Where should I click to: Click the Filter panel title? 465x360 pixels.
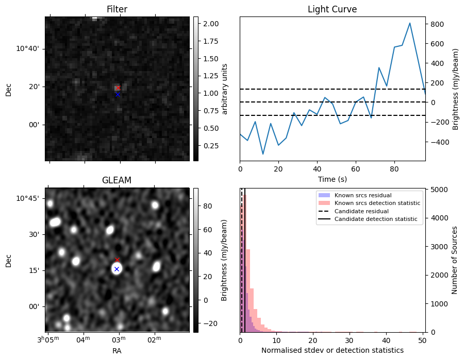coord(117,9)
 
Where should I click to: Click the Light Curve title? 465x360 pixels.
coord(332,9)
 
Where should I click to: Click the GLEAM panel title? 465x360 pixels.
coord(117,180)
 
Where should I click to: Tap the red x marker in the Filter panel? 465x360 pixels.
coord(118,88)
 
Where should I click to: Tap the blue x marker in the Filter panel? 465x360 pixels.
coord(118,94)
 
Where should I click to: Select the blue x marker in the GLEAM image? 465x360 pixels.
coord(117,269)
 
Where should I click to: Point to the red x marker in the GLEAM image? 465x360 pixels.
coord(117,260)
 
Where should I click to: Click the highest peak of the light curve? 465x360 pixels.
coord(410,23)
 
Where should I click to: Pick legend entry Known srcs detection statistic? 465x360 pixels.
coord(377,203)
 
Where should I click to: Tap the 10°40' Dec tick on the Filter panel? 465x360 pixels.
coord(31,48)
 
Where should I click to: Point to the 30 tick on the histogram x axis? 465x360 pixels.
coord(350,340)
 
